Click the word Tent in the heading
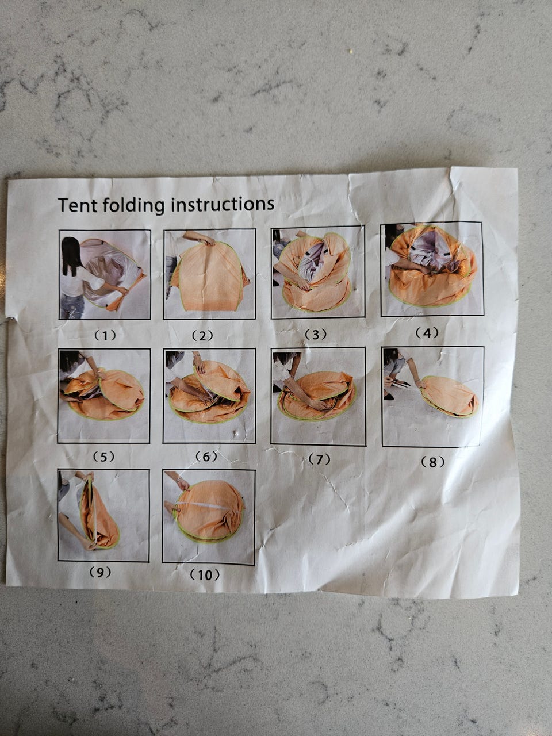coord(78,205)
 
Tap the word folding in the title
coord(134,205)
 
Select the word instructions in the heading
coord(223,204)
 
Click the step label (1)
coord(105,335)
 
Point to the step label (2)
coord(202,335)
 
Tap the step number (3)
coord(315,334)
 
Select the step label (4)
coord(427,333)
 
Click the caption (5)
coord(103,457)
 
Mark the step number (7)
coord(319,459)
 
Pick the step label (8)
coord(432,462)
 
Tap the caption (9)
coord(100,572)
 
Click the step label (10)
coord(205,575)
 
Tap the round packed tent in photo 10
coord(209,511)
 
